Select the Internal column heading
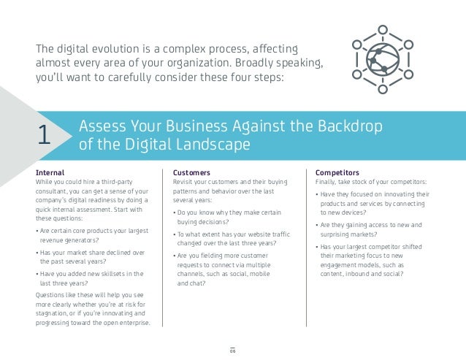(x=50, y=172)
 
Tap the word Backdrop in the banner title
(x=349, y=126)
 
